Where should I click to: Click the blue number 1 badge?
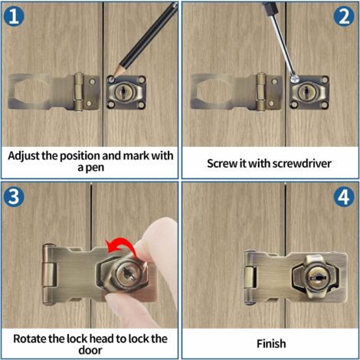tap(14, 16)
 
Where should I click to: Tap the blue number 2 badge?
tap(344, 16)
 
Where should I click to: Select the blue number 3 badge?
tap(14, 197)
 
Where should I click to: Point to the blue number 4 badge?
tap(344, 197)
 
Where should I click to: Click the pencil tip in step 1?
tap(114, 76)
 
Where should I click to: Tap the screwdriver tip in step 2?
tap(295, 79)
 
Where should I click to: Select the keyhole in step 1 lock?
tap(123, 92)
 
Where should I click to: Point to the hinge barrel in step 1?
tap(79, 92)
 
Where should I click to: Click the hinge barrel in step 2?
tap(261, 92)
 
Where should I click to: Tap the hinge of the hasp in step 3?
tap(48, 275)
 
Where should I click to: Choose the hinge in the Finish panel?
tap(250, 277)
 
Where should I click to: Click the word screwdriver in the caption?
tap(302, 163)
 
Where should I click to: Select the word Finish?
tap(271, 344)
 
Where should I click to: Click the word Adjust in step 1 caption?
tap(24, 156)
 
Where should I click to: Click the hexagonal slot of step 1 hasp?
tap(28, 92)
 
